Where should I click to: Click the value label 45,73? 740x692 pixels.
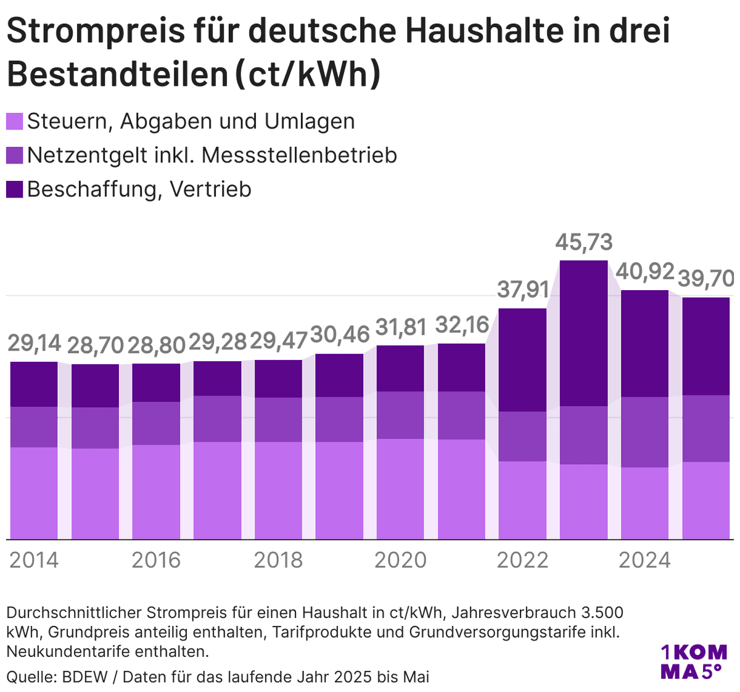pyautogui.click(x=583, y=242)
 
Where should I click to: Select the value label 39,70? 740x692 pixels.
pyautogui.click(x=706, y=279)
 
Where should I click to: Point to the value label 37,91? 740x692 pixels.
pyautogui.click(x=522, y=289)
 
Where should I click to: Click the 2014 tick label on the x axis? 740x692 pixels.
pyautogui.click(x=34, y=560)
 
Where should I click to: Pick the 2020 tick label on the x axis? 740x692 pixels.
pyautogui.click(x=400, y=560)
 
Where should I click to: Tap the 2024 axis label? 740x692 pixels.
pyautogui.click(x=644, y=560)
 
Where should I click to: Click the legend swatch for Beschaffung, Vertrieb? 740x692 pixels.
pyautogui.click(x=15, y=189)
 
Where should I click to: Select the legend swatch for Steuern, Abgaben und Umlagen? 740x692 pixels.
pyautogui.click(x=15, y=121)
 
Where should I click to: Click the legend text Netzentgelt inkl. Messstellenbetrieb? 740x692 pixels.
pyautogui.click(x=212, y=155)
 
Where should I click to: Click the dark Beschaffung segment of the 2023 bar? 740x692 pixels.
pyautogui.click(x=583, y=333)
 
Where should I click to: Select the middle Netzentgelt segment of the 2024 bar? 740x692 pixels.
pyautogui.click(x=644, y=432)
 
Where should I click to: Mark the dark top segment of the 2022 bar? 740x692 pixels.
pyautogui.click(x=522, y=360)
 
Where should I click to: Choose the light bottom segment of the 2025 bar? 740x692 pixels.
pyautogui.click(x=706, y=500)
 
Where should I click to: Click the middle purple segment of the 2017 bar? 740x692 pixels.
pyautogui.click(x=217, y=419)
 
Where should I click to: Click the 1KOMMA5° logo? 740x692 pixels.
pyautogui.click(x=693, y=661)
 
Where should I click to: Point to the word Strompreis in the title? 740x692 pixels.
pyautogui.click(x=96, y=31)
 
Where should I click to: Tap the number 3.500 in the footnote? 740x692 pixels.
pyautogui.click(x=602, y=613)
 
